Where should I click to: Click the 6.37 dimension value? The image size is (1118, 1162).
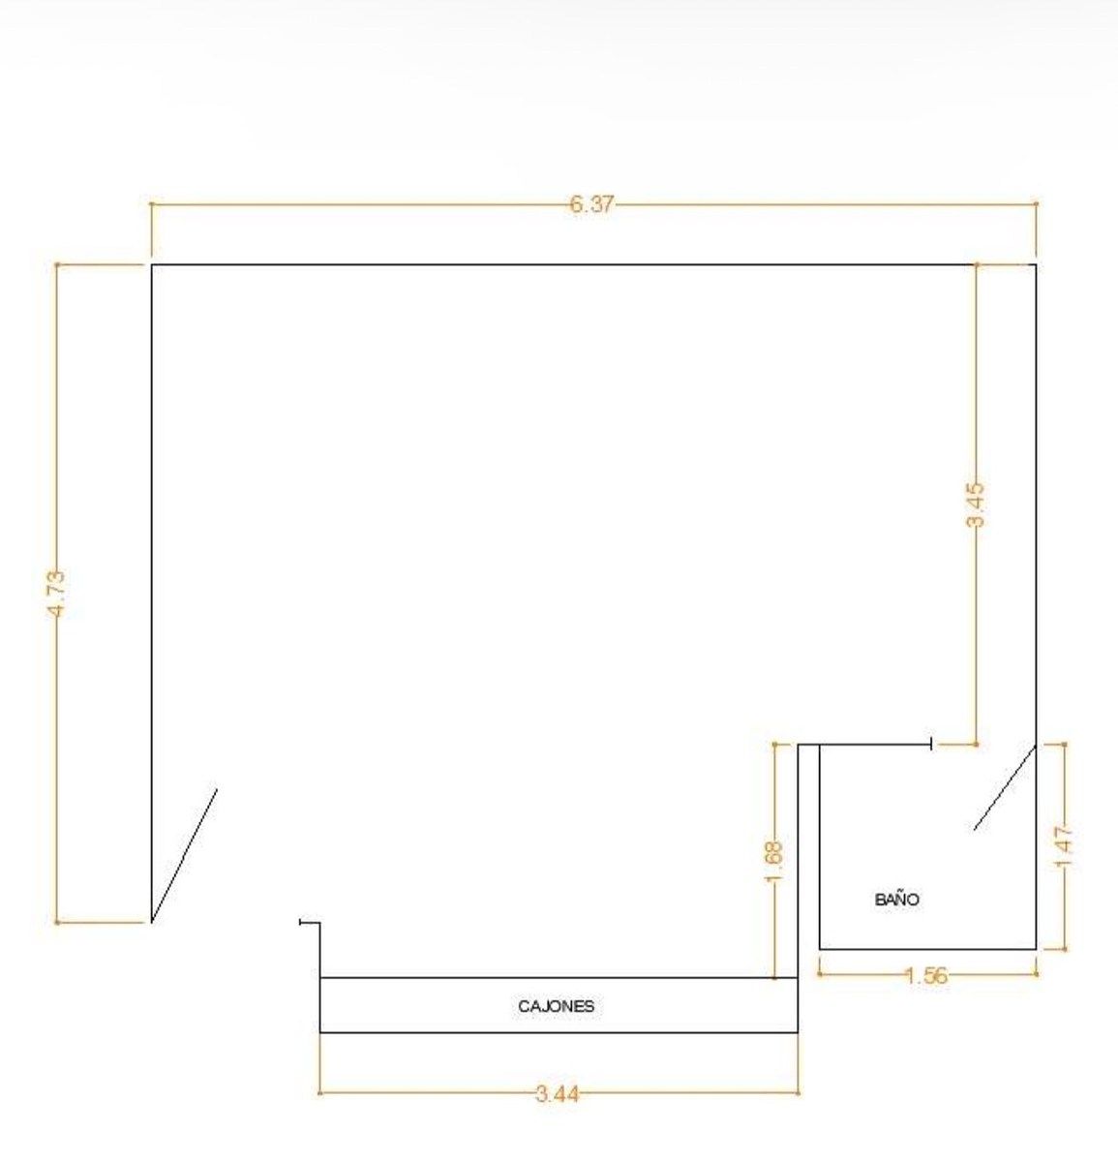point(590,205)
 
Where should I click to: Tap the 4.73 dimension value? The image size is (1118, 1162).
point(57,594)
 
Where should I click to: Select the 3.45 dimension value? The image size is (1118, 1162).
point(976,505)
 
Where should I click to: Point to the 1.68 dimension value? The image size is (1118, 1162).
point(774,861)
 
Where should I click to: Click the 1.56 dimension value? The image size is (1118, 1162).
point(926,976)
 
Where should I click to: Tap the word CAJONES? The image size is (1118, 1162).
point(557,1006)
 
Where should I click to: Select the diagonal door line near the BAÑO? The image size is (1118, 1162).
point(1005,787)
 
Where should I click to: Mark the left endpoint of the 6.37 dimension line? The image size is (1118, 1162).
point(152,204)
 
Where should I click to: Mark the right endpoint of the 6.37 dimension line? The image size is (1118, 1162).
point(1036,204)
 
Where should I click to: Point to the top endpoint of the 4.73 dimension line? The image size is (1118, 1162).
point(57,264)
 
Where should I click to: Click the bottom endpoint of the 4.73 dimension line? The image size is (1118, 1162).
point(57,923)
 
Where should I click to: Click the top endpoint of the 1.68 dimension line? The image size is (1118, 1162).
point(774,745)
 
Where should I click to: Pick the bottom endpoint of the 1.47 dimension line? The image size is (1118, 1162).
point(1065,949)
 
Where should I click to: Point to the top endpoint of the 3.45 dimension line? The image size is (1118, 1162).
point(976,264)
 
